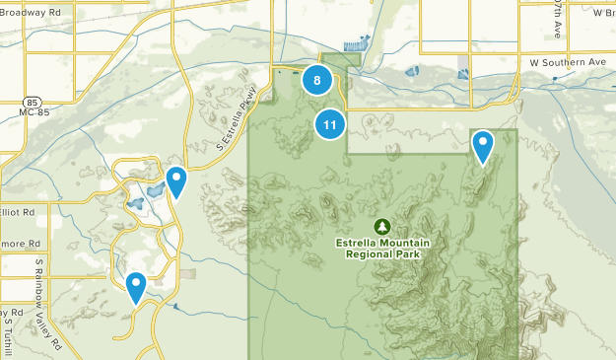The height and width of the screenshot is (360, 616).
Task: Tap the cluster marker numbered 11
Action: tap(329, 124)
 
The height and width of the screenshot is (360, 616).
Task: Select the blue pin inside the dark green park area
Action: tap(482, 146)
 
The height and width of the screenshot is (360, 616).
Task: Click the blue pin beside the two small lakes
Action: tap(176, 181)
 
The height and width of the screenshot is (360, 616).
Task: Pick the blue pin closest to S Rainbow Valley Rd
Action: tap(136, 287)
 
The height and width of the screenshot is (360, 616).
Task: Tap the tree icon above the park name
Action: tap(382, 226)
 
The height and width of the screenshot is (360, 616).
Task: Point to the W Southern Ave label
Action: tap(567, 62)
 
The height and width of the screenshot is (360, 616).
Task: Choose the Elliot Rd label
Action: tap(18, 211)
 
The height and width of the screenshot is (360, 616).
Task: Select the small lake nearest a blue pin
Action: tap(155, 190)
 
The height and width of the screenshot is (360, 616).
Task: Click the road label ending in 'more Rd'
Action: tap(20, 243)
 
